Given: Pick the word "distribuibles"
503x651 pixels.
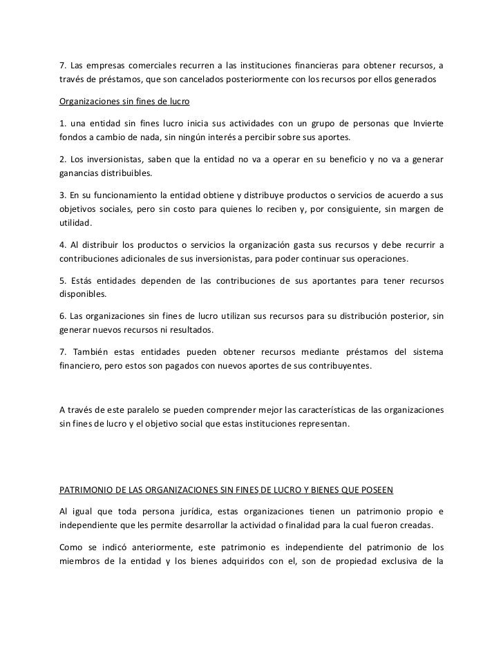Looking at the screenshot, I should coord(128,173).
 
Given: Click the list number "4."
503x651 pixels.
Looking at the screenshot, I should coord(61,245).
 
